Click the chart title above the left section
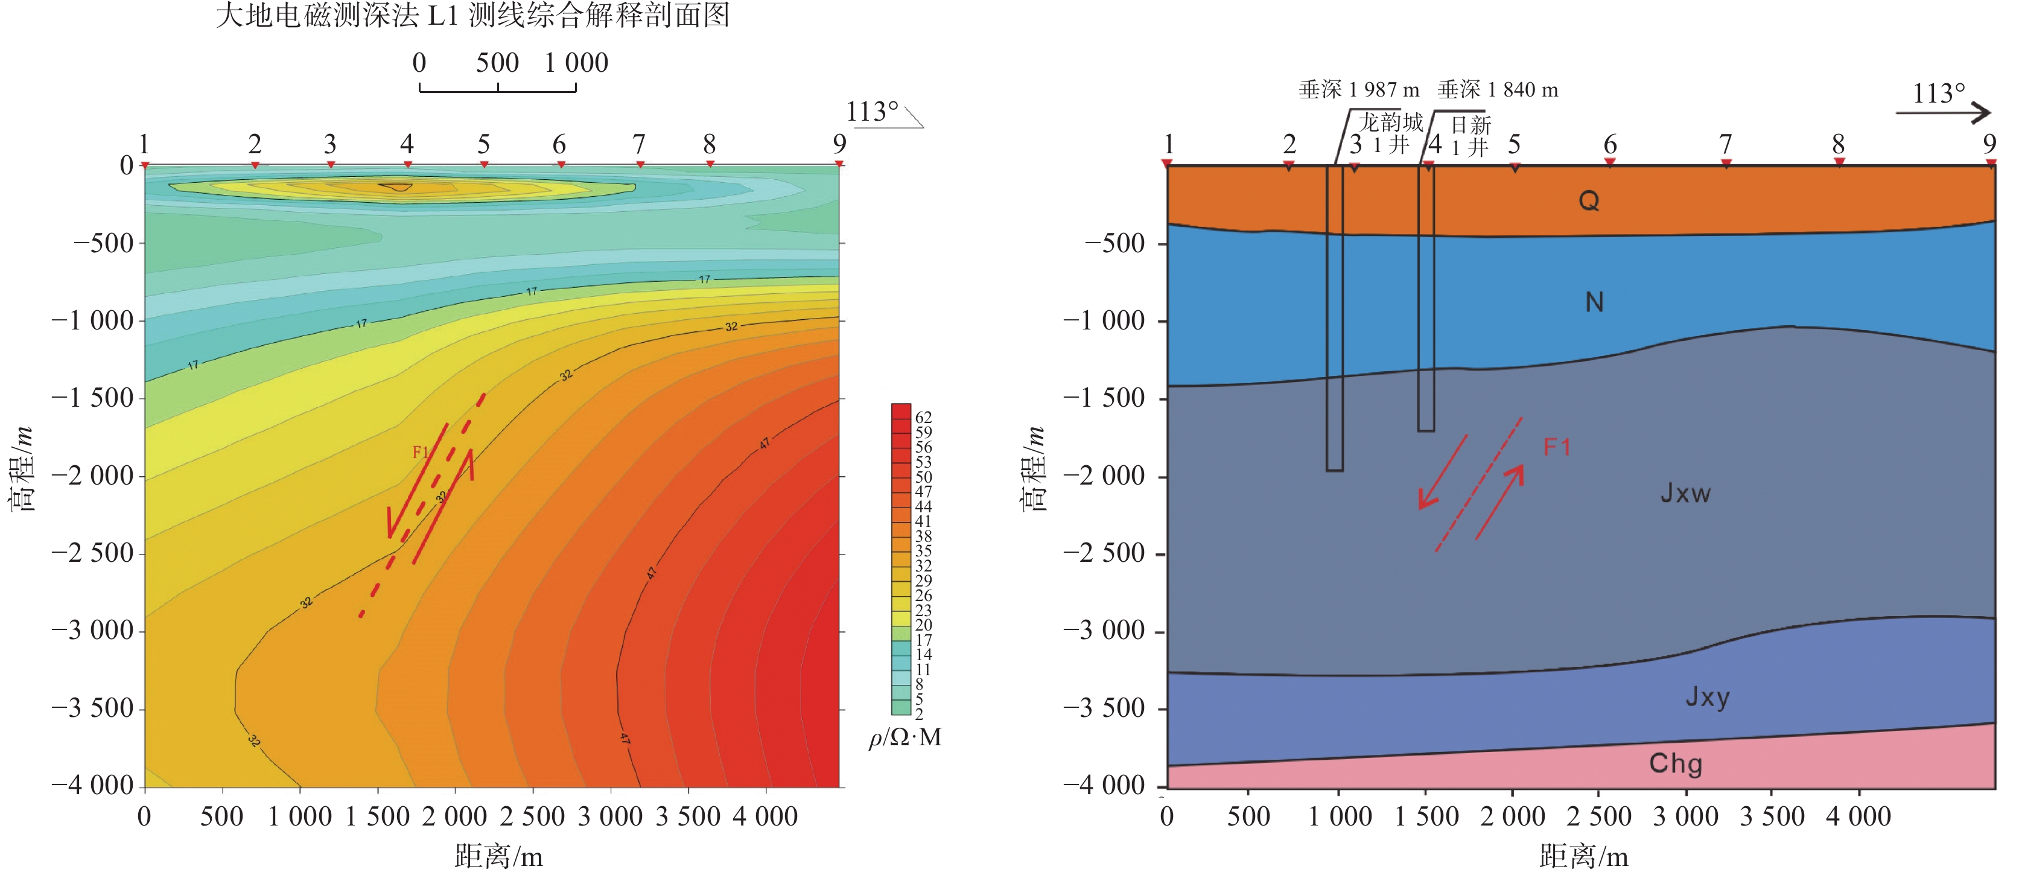click(472, 16)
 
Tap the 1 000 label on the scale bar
click(576, 63)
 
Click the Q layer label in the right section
click(1589, 202)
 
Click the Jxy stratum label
click(1707, 697)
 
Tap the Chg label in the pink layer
click(1675, 764)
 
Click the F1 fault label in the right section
click(1557, 448)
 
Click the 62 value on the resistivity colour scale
click(923, 417)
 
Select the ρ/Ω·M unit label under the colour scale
click(905, 738)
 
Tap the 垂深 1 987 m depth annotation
click(1358, 90)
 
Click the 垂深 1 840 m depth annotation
click(1497, 90)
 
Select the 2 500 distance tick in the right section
click(1599, 817)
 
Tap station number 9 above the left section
click(839, 144)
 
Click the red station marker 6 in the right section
click(1610, 162)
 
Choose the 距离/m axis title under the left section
click(498, 856)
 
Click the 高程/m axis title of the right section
click(1035, 469)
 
